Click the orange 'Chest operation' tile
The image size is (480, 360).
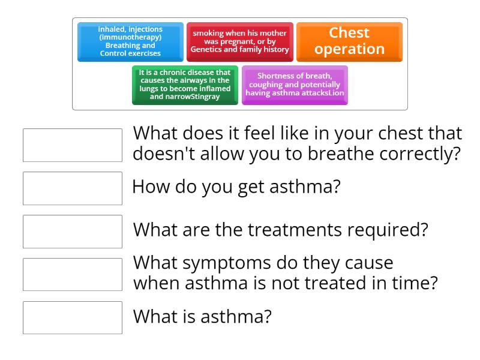point(349,41)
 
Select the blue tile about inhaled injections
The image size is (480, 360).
point(130,41)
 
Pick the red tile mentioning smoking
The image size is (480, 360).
point(239,41)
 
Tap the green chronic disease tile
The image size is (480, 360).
point(185,85)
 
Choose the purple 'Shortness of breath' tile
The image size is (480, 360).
point(295,85)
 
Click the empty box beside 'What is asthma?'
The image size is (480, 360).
point(73,317)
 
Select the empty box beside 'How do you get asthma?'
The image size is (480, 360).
point(73,188)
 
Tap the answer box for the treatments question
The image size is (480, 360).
point(73,231)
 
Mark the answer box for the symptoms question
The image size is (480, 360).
point(73,274)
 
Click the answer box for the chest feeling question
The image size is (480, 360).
point(73,145)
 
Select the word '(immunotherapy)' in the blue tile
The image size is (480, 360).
point(130,37)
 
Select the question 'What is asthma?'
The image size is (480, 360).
point(202,316)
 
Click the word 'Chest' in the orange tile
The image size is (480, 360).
point(349,33)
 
